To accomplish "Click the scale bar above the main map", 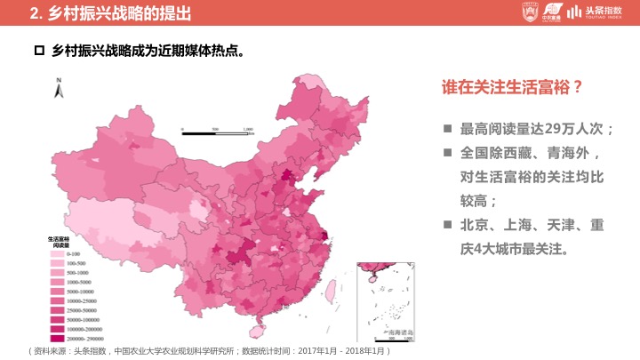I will pos(218,131).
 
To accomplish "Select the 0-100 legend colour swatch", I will pos(55,254).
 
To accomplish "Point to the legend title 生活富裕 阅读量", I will pos(60,241).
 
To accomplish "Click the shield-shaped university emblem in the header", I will pos(530,12).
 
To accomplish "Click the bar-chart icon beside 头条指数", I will pos(576,12).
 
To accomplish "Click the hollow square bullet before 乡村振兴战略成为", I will pos(38,52).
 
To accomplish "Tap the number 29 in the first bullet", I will pos(554,129).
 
